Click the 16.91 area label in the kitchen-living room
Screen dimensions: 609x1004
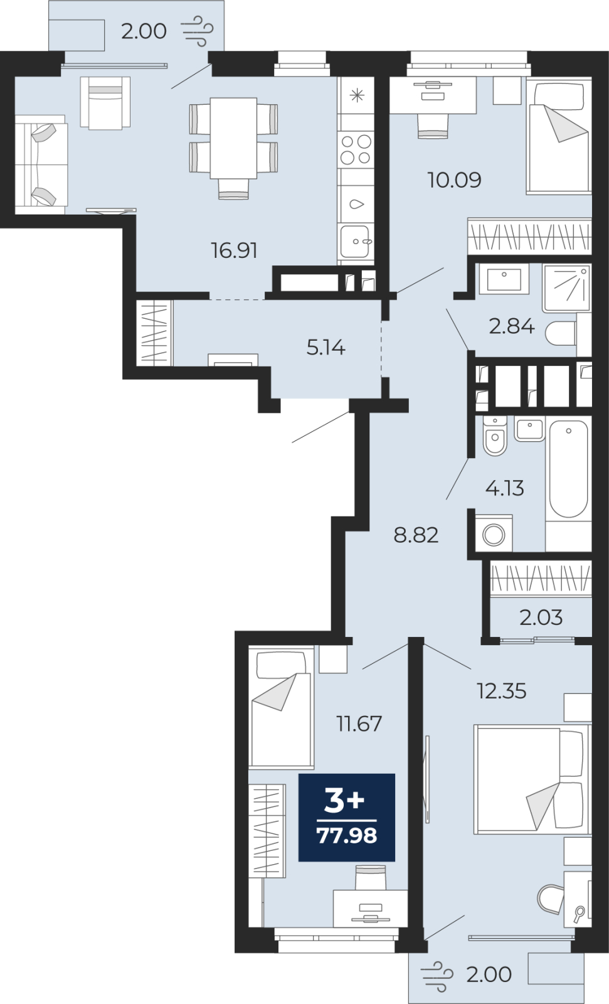coord(235,250)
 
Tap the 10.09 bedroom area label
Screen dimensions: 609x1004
coord(454,179)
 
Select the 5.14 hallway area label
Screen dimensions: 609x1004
coord(326,348)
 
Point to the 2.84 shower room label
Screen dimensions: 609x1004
coord(512,326)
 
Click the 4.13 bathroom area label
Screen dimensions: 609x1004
coord(505,488)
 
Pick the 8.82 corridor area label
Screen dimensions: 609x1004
coord(416,535)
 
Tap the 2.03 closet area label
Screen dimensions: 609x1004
coord(541,617)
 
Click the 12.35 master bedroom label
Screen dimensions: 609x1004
coord(502,691)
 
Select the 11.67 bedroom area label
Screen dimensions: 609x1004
coord(359,724)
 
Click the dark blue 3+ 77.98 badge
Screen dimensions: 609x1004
coord(347,818)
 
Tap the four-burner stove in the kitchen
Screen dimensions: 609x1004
coord(356,150)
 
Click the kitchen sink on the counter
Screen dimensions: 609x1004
coord(355,242)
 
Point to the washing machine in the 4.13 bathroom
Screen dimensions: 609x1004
coord(494,534)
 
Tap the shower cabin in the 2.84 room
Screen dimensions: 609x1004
coord(567,288)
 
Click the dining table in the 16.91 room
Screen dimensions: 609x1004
coord(233,138)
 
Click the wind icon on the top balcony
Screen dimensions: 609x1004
coord(197,31)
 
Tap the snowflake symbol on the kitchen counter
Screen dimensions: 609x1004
coord(357,95)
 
